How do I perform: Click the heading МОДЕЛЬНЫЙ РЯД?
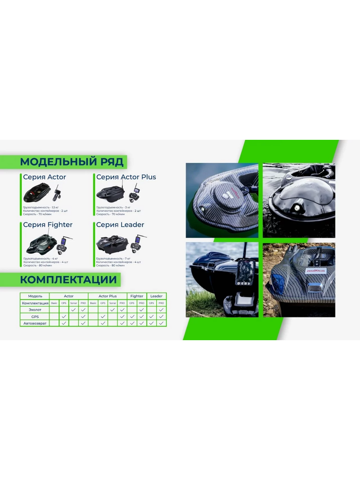click(x=72, y=162)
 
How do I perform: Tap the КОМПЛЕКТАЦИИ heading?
click(x=68, y=280)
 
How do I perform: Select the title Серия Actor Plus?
click(x=126, y=177)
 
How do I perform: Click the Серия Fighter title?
click(x=48, y=225)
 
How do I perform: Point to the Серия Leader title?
click(x=120, y=225)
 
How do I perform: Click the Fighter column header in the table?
click(x=137, y=296)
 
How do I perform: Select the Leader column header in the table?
click(x=156, y=296)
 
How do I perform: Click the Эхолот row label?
click(x=35, y=310)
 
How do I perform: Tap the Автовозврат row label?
click(x=35, y=323)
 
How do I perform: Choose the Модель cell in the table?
click(x=35, y=296)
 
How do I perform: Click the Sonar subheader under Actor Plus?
click(x=113, y=303)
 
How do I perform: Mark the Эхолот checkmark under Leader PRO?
click(x=161, y=310)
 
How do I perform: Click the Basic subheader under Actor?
click(x=54, y=303)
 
